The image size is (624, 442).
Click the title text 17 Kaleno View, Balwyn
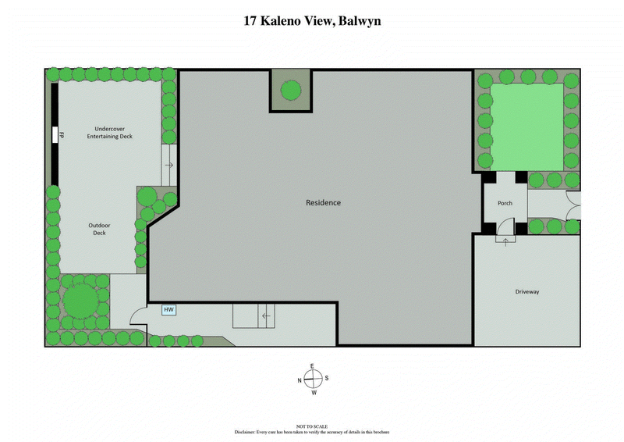click(x=312, y=22)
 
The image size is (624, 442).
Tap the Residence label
click(x=323, y=203)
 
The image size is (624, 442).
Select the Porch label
click(x=505, y=204)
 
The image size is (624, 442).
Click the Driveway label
click(x=527, y=292)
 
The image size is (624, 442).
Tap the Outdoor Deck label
click(x=99, y=229)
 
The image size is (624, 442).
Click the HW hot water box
click(x=168, y=310)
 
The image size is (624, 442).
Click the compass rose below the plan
click(x=312, y=379)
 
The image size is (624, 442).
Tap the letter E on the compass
click(x=312, y=365)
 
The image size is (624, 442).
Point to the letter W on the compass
click(x=313, y=393)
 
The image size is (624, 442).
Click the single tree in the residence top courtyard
click(x=291, y=90)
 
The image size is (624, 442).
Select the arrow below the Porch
click(x=505, y=241)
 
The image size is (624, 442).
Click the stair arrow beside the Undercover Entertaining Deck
click(x=168, y=166)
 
